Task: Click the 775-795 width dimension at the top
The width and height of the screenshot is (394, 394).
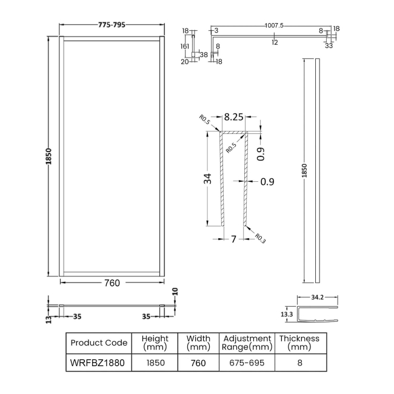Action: [x=112, y=25]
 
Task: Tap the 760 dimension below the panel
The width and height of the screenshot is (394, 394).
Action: [x=112, y=282]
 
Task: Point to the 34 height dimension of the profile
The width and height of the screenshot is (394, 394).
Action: [x=208, y=178]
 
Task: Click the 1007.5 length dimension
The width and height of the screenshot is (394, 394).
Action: [x=275, y=25]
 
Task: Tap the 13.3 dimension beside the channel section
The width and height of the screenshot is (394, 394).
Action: [x=287, y=315]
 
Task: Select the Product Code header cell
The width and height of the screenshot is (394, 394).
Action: [x=99, y=342]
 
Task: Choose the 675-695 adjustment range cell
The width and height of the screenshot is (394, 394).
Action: [x=247, y=362]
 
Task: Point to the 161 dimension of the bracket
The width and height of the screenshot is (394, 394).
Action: [x=185, y=45]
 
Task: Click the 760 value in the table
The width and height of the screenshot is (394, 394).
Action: [x=198, y=362]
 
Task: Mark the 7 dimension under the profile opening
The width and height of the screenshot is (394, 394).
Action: [x=233, y=239]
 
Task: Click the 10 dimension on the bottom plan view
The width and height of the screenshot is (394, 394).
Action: [x=176, y=292]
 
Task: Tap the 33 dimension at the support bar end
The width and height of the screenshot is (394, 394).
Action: [x=328, y=45]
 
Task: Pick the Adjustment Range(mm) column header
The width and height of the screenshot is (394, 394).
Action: [x=247, y=342]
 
